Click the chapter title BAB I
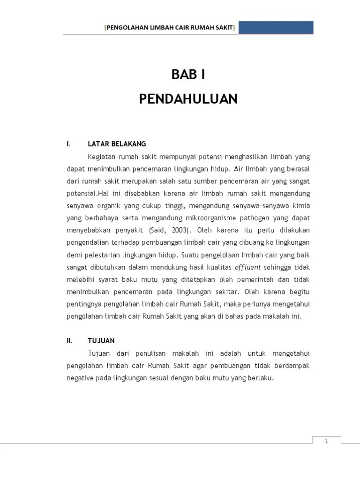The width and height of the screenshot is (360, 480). [188, 75]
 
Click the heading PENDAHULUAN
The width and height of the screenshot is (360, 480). [188, 99]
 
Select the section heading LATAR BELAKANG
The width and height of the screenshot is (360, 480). [117, 144]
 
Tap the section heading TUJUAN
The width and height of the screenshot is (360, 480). [101, 341]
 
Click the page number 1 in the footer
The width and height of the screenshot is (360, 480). [327, 440]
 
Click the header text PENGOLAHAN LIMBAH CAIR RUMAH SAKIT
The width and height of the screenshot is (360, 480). [170, 28]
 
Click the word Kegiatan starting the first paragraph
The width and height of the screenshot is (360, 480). [102, 157]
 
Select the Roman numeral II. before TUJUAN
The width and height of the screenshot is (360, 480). [70, 341]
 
